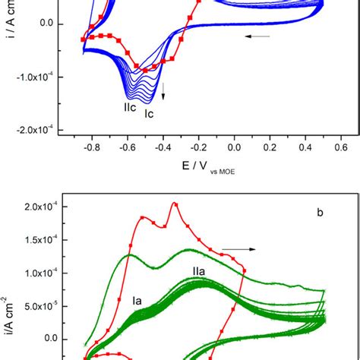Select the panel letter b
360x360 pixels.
click(321, 213)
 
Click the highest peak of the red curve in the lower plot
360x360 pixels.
click(175, 203)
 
